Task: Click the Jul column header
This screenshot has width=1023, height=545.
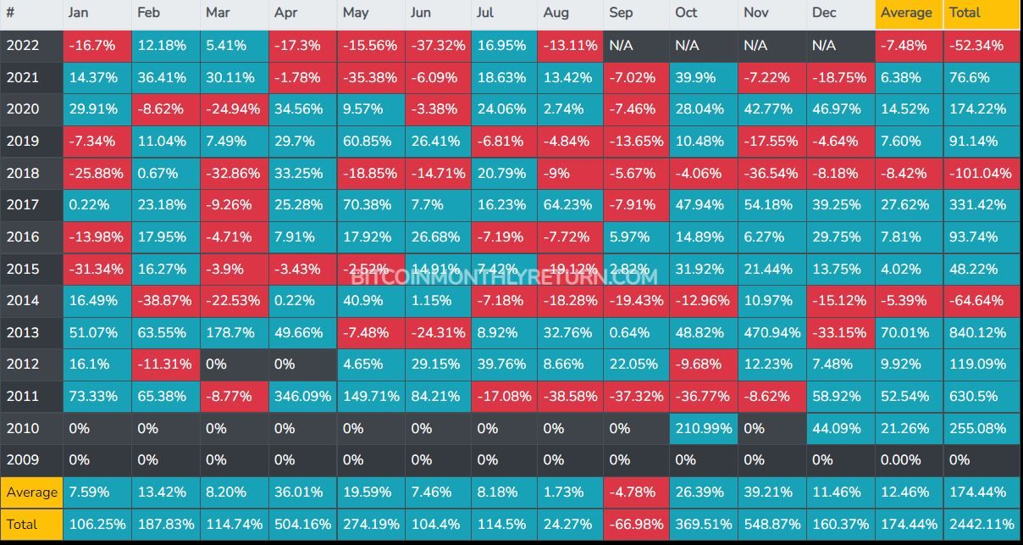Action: [486, 13]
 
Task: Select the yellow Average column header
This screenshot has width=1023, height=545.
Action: [907, 13]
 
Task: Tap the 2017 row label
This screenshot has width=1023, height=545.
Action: [23, 204]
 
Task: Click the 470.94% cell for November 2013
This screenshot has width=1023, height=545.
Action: [771, 332]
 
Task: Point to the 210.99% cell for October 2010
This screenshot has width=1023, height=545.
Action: [703, 428]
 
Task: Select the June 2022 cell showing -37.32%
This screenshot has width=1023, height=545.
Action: [437, 45]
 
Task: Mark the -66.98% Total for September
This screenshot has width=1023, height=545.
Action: [636, 524]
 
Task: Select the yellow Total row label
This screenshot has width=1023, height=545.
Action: [23, 524]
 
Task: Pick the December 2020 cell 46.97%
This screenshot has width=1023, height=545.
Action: [838, 108]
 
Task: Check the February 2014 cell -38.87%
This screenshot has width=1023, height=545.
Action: [164, 300]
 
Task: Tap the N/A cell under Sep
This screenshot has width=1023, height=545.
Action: [622, 45]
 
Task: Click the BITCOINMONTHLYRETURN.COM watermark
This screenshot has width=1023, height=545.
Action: [503, 276]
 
